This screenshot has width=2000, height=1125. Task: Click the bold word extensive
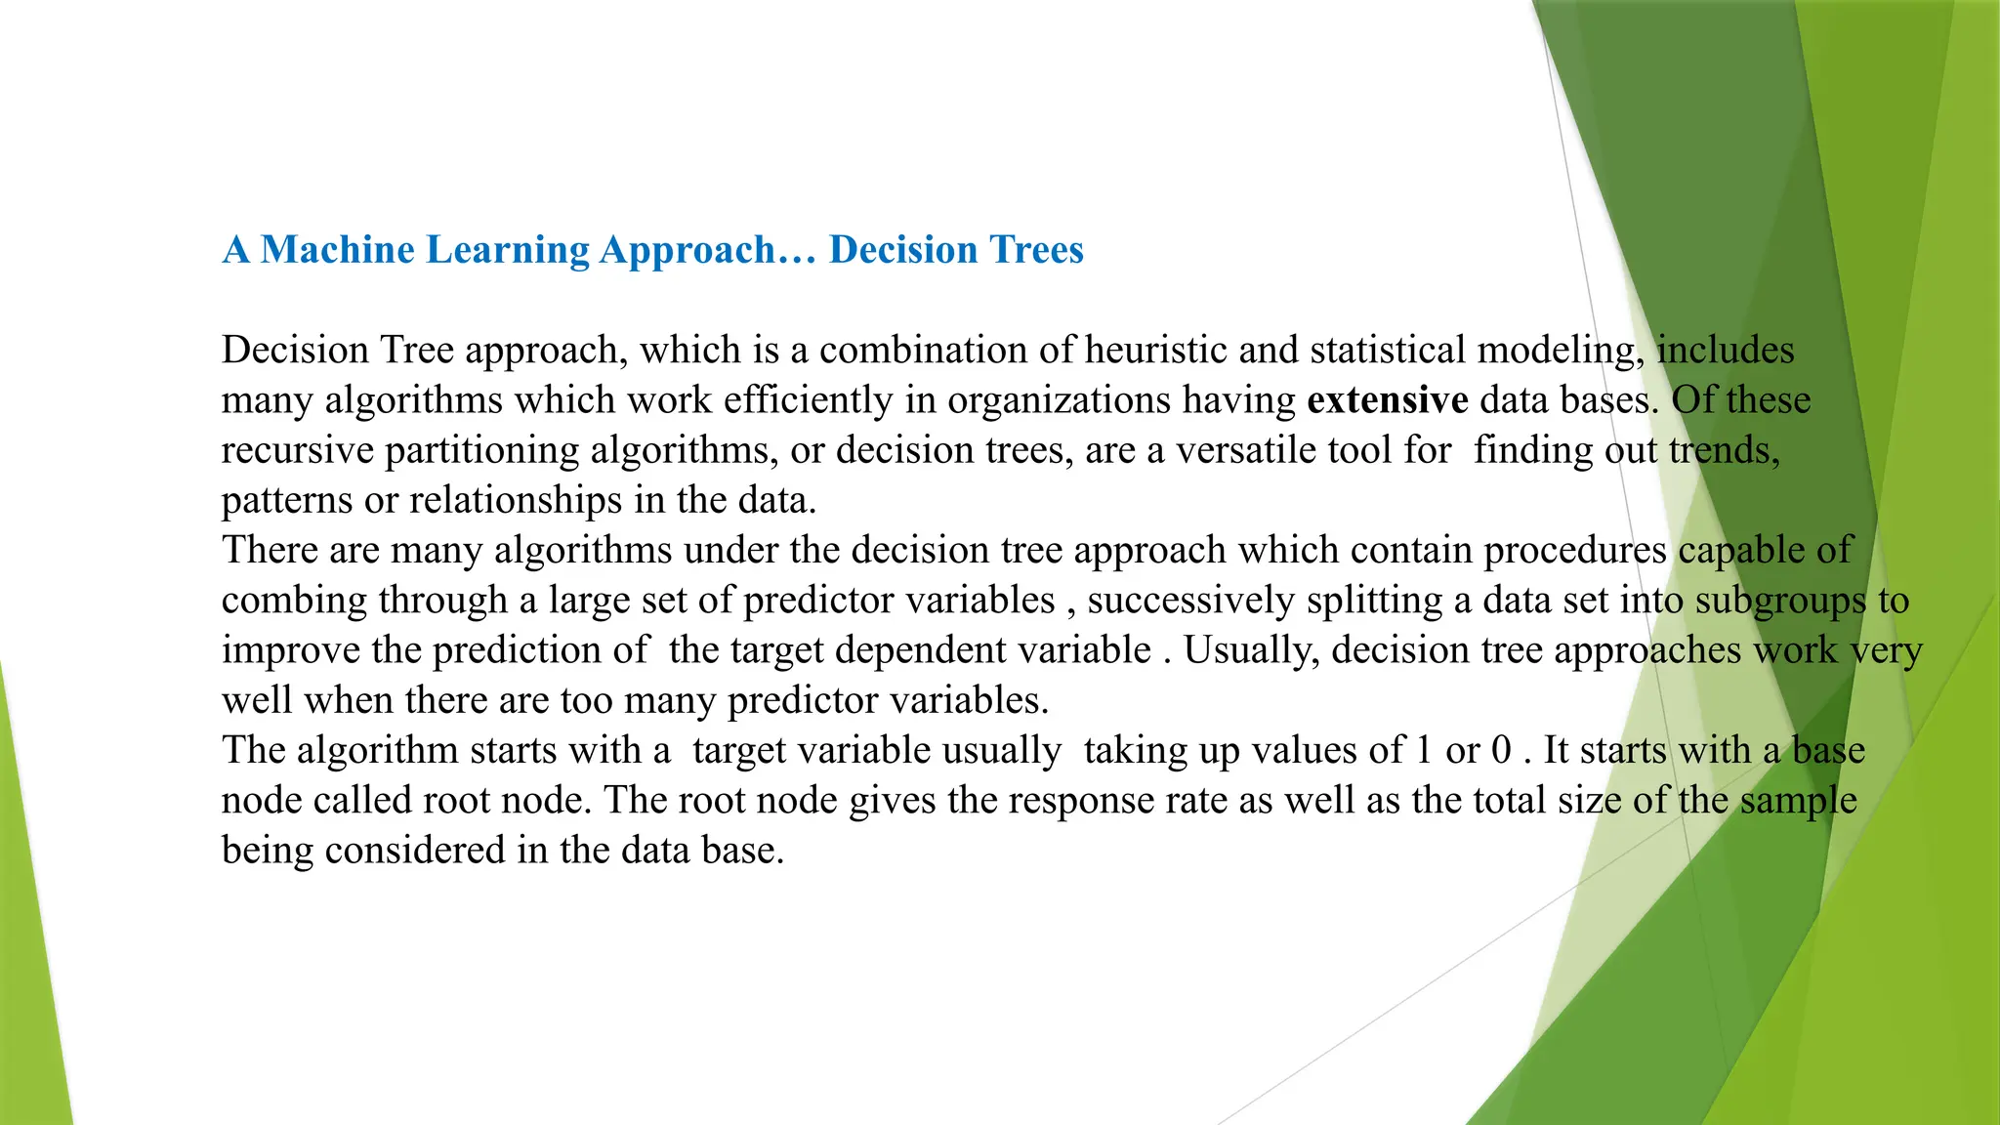(x=1387, y=400)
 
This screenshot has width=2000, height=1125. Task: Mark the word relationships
(x=516, y=500)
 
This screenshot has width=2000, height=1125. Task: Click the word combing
(x=294, y=601)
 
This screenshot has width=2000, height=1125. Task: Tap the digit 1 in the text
(x=1424, y=750)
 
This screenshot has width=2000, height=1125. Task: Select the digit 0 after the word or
(x=1501, y=750)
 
